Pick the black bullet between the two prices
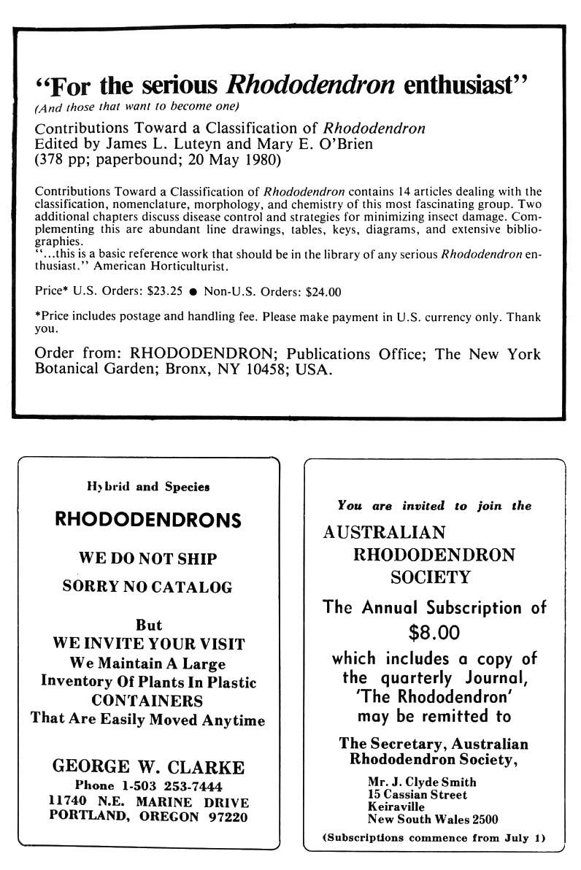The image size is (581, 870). [193, 291]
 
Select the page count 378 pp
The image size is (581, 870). [65, 159]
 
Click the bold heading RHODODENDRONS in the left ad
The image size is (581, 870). [148, 520]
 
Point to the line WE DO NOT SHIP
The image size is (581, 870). [148, 558]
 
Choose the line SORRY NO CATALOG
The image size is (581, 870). [148, 586]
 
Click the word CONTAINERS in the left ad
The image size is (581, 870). [147, 701]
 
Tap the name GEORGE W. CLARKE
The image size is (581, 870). [148, 767]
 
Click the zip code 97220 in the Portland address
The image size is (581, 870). [223, 817]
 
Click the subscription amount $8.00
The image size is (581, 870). [434, 631]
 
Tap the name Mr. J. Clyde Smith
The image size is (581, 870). [422, 782]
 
